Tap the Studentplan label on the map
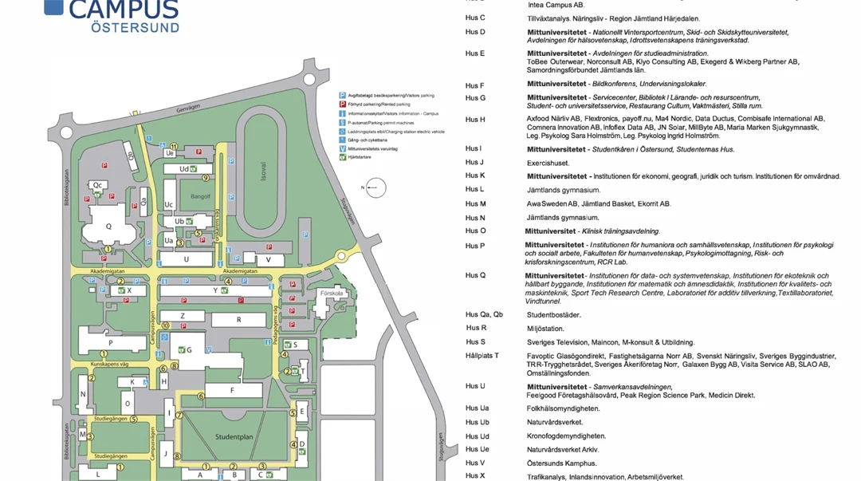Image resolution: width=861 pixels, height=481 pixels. click(x=234, y=436)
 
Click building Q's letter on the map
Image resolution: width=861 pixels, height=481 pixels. click(x=108, y=226)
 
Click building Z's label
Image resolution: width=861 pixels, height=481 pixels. click(x=183, y=316)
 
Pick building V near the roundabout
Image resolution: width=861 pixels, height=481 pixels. click(x=269, y=260)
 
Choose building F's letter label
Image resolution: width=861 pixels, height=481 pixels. click(x=233, y=390)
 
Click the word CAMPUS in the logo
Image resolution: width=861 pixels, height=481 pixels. click(x=124, y=10)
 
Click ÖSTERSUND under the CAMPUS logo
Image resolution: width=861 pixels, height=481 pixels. click(x=124, y=27)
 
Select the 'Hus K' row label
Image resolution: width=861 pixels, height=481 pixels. click(x=475, y=175)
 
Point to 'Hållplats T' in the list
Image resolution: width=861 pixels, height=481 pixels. click(x=482, y=356)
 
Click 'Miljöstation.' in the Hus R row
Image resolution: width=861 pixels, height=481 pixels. click(x=545, y=328)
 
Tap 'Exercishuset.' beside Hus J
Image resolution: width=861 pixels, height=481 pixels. click(x=548, y=163)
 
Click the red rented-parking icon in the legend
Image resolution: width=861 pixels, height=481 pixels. click(x=342, y=104)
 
